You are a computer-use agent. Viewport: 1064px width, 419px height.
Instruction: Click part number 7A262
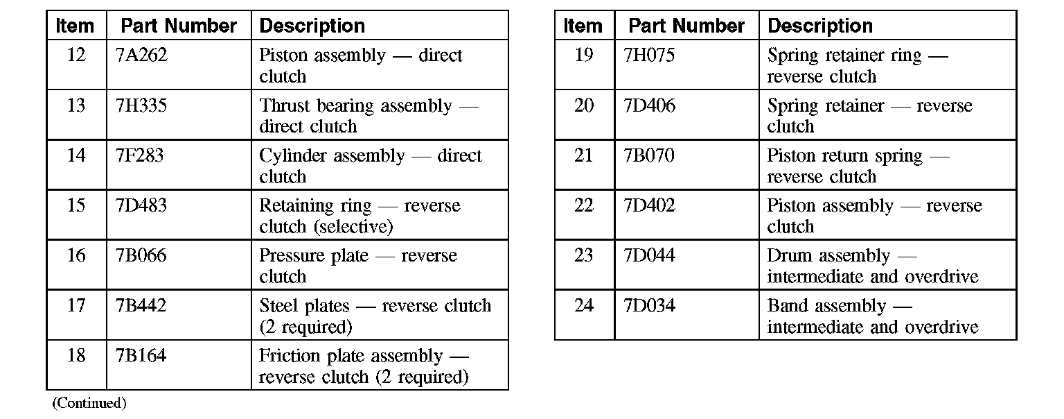[141, 55]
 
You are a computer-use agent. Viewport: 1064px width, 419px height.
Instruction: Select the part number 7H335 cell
[141, 105]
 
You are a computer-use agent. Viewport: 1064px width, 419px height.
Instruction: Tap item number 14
[76, 155]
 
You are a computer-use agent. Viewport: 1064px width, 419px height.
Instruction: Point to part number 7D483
[141, 205]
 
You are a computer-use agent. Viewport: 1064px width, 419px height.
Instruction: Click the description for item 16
[357, 266]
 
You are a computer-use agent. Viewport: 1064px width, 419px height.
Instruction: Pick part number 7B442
[141, 305]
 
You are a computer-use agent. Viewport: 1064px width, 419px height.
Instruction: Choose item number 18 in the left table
[76, 356]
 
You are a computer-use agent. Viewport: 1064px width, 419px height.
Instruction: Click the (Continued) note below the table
[89, 403]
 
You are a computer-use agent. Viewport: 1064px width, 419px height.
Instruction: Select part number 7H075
[649, 55]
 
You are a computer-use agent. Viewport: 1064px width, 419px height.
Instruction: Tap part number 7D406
[649, 105]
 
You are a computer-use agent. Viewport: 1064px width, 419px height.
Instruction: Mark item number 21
[584, 155]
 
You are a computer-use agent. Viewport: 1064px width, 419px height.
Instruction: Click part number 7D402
[649, 205]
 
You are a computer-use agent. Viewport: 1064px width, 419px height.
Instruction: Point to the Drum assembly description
[872, 266]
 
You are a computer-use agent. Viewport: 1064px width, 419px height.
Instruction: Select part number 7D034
[649, 305]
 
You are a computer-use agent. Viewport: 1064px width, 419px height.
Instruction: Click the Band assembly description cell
[872, 316]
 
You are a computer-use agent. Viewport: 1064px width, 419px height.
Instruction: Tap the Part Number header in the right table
[686, 26]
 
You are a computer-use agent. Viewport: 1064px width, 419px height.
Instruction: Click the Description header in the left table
[312, 26]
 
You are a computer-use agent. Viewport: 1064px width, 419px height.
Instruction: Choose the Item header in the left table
[75, 26]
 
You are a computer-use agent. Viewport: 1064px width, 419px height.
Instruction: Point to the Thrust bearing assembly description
[369, 116]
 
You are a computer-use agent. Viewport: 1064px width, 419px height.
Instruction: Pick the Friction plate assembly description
[364, 366]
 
